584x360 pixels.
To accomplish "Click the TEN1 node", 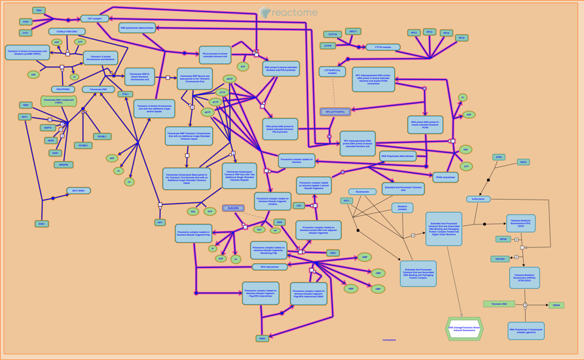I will coord(39,11).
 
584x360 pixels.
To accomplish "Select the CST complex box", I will coord(94,19).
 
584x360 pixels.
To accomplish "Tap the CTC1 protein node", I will coord(26,33).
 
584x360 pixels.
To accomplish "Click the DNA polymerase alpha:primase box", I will coord(137,28).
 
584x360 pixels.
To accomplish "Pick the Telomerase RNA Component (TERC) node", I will coord(59,101).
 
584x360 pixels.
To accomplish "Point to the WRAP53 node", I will coord(64,165).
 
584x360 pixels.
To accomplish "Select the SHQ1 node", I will coord(42,224).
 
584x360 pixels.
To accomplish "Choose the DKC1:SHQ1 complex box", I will coord(79,191).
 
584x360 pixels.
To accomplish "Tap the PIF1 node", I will coord(160,223).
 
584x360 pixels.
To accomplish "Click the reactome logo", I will coord(289,12).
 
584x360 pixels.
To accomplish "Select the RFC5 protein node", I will coord(462,38).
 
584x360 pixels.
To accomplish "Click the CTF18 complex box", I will coord(383,47).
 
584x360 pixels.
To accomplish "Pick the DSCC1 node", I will coord(353,31).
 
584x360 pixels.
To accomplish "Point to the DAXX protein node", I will coord(523,162).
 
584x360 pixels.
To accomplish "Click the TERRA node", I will coord(556,305).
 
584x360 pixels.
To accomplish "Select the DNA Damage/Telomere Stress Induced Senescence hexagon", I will coord(464,329).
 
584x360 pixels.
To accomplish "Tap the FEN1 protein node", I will coord(333,253).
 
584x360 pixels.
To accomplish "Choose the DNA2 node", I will coord(263,338).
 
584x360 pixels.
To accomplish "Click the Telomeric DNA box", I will coord(499,304).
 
